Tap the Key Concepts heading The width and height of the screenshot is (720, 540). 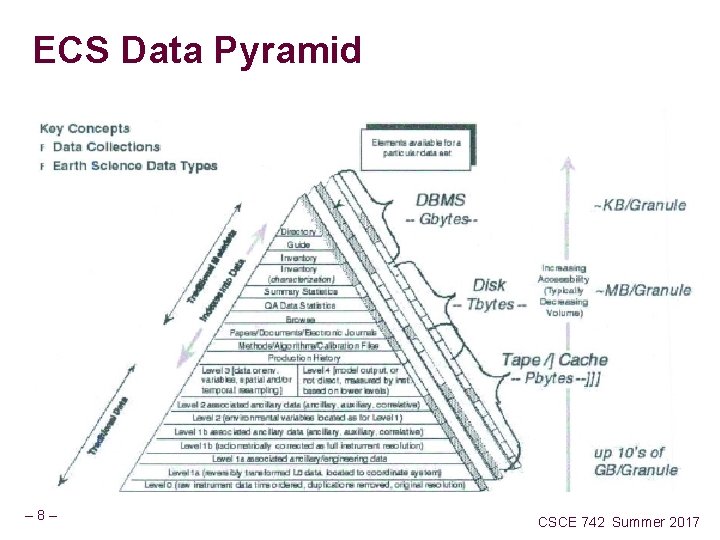pyautogui.click(x=85, y=129)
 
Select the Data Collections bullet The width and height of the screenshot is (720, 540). pyautogui.click(x=106, y=147)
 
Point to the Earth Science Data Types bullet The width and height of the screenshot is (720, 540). pyautogui.click(x=135, y=165)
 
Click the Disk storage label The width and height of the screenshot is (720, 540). pyautogui.click(x=489, y=285)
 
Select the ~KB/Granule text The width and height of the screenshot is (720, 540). pyautogui.click(x=640, y=205)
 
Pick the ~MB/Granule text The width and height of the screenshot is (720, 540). pyautogui.click(x=642, y=290)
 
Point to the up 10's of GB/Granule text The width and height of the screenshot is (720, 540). pyautogui.click(x=635, y=461)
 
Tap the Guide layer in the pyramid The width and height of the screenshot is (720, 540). pyautogui.click(x=298, y=245)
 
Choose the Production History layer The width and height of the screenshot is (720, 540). pyautogui.click(x=303, y=357)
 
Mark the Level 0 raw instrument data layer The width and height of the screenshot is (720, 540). pyautogui.click(x=304, y=484)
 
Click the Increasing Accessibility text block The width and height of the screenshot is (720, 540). pyautogui.click(x=564, y=290)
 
